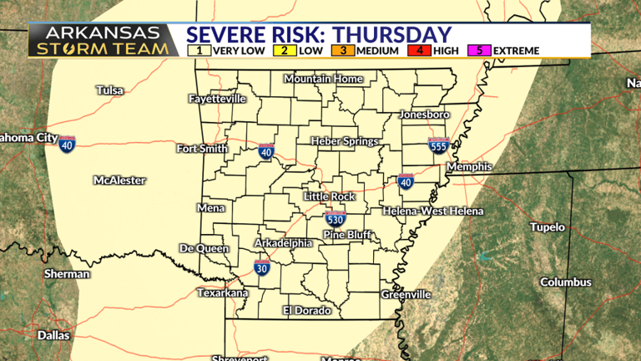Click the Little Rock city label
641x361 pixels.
[x=329, y=196]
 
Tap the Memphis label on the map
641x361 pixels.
[x=469, y=167]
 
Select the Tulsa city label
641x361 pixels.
[x=109, y=89]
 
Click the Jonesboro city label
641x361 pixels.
[x=425, y=114]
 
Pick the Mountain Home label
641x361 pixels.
[x=323, y=79]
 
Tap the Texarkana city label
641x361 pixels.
[x=222, y=292]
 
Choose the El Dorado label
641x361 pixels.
[x=306, y=310]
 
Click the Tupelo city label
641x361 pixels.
[x=548, y=227]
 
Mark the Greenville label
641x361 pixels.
[x=406, y=294]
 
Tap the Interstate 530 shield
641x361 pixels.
[x=335, y=220]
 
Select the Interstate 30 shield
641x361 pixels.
[x=262, y=268]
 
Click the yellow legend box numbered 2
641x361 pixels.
[x=284, y=50]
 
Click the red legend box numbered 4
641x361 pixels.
[x=420, y=50]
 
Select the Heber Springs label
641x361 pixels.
[x=344, y=141]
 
